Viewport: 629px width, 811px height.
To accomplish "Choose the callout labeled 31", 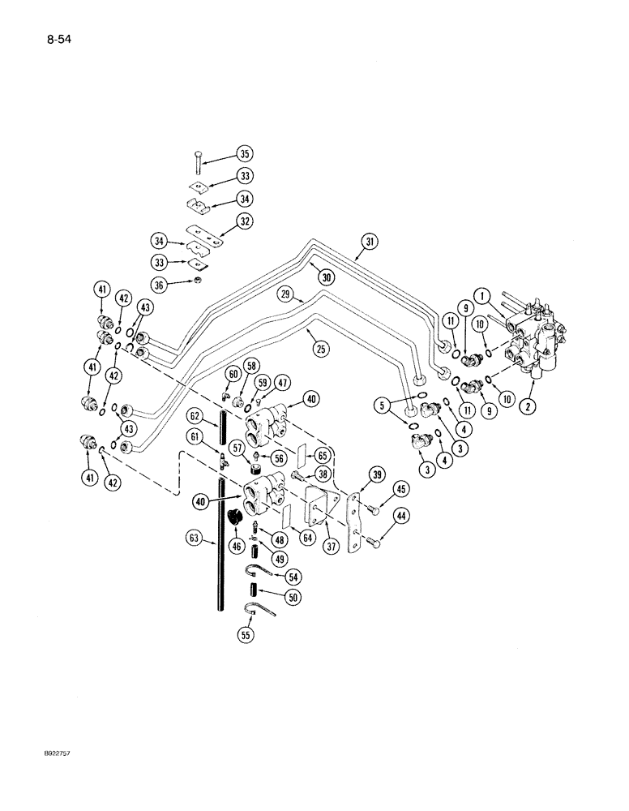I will coord(370,240).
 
